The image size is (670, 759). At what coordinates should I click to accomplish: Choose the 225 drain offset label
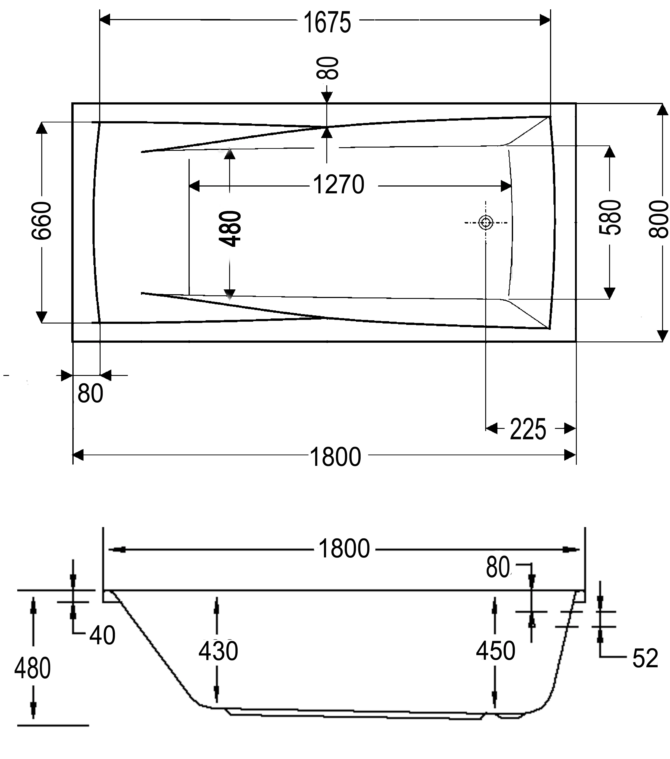528,429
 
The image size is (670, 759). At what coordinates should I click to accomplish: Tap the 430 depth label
218,651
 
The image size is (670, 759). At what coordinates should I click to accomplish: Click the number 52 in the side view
645,658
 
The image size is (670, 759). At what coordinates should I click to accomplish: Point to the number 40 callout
102,635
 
